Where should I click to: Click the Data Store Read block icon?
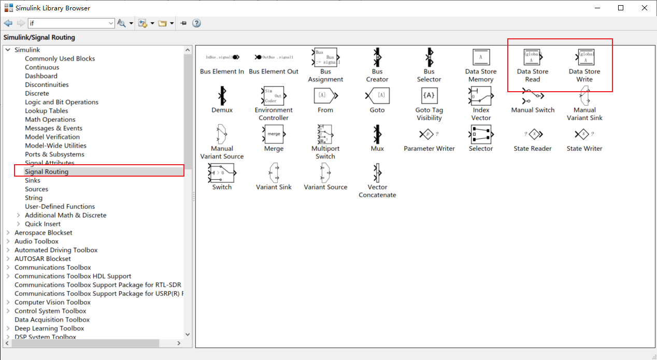coord(532,57)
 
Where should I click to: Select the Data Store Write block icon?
coord(585,57)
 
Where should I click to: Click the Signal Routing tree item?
coord(47,171)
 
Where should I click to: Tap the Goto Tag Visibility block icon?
coord(429,96)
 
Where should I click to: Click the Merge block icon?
coord(274,134)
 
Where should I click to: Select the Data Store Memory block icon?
coord(481,57)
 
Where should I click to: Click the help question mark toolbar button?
coord(196,23)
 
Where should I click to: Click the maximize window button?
coord(621,8)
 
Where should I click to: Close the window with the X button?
coord(644,8)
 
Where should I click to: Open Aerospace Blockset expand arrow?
coord(8,233)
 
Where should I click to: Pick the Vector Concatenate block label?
coord(377,191)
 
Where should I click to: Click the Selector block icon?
coord(481,134)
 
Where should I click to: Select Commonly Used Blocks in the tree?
coord(60,59)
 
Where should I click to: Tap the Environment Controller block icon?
coord(274,96)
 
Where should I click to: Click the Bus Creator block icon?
coord(377,57)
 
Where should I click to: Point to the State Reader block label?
coord(533,149)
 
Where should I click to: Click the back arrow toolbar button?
coord(8,23)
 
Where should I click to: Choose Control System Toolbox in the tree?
coord(50,311)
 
